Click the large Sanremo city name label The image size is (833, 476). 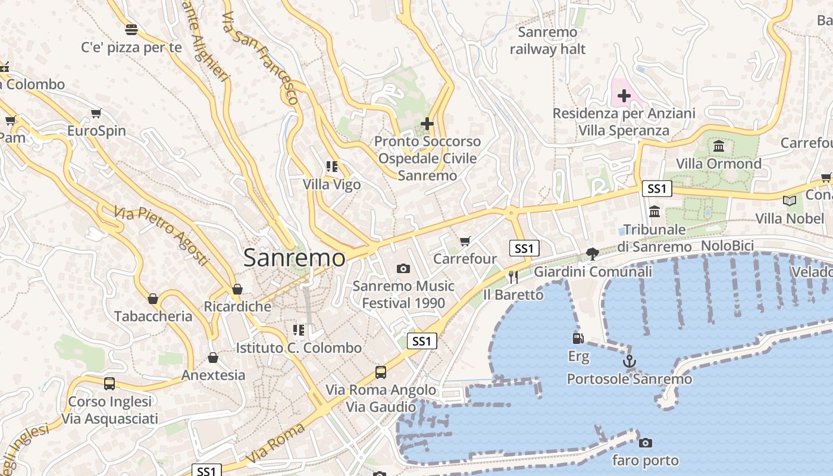(294, 258)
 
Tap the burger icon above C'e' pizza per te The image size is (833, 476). (131, 29)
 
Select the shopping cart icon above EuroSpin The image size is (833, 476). (96, 113)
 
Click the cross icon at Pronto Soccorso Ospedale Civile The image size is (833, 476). (427, 124)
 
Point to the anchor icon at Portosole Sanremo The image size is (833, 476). (629, 361)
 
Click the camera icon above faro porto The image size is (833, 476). (645, 443)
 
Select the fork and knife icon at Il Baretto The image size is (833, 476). (513, 277)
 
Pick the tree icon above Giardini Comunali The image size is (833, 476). (592, 254)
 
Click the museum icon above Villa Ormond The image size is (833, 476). (718, 146)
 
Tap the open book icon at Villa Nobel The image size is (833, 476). (790, 201)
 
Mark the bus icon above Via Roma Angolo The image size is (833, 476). (381, 372)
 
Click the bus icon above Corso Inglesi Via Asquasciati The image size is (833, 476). (109, 384)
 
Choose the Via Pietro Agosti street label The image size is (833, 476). (161, 236)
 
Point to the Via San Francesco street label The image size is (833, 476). (259, 58)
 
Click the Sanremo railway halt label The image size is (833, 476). (547, 40)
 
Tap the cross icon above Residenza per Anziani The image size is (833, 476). (624, 95)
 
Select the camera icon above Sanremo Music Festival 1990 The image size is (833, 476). (403, 268)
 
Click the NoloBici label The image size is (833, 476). (727, 246)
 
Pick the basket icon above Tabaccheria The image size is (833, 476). (153, 299)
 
